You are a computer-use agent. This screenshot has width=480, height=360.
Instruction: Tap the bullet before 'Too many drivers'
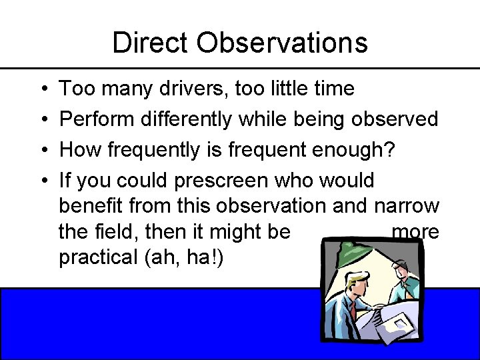coord(42,89)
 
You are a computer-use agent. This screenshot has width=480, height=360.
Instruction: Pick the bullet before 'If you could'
coord(42,181)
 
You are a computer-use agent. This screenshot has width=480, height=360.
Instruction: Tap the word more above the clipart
coord(415,231)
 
